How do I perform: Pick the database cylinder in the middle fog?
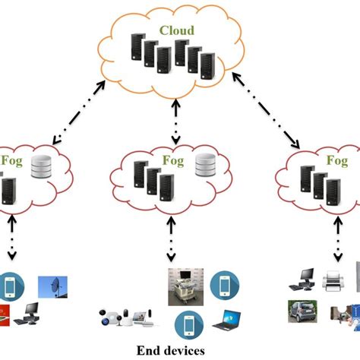tap(206, 165)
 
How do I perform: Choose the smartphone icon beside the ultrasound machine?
tap(225, 283)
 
